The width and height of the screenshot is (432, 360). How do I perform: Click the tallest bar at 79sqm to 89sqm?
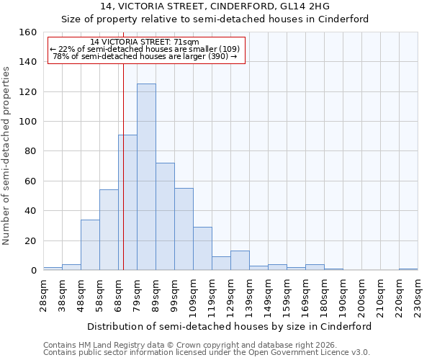pyautogui.click(x=146, y=177)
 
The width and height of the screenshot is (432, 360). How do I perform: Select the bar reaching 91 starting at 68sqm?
pyautogui.click(x=127, y=202)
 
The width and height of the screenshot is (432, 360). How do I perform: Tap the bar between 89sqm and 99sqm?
pyautogui.click(x=165, y=217)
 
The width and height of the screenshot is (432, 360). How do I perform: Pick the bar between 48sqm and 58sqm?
pyautogui.click(x=90, y=245)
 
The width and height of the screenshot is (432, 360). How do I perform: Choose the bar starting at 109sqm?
pyautogui.click(x=202, y=248)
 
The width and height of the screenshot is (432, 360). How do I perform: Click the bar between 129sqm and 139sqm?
pyautogui.click(x=240, y=261)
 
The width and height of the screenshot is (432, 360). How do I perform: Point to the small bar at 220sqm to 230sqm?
pyautogui.click(x=408, y=269)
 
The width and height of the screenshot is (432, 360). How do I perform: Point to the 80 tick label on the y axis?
pyautogui.click(x=30, y=151)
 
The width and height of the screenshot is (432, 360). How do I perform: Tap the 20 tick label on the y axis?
pyautogui.click(x=30, y=240)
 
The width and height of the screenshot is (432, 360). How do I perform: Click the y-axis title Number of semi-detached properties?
pyautogui.click(x=8, y=151)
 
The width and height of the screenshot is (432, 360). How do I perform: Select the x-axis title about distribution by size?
pyautogui.click(x=230, y=326)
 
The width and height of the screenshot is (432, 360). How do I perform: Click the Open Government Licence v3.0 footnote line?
pyautogui.click(x=206, y=352)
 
